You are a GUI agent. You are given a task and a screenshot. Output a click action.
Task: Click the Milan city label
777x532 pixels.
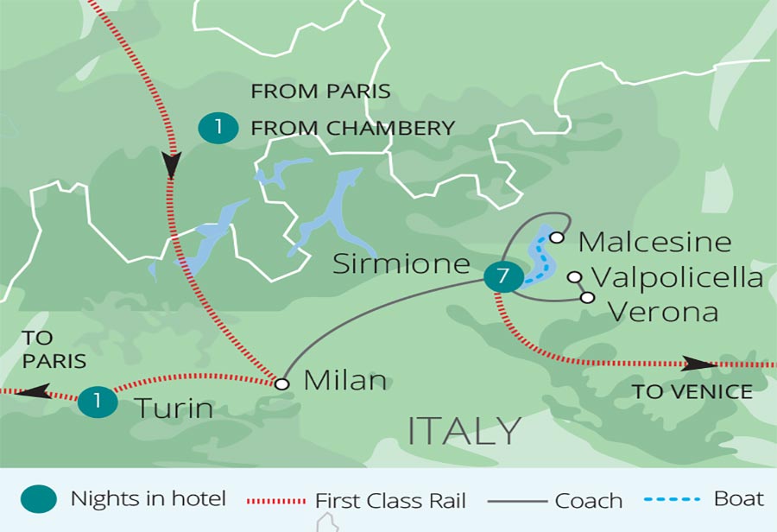pos(345,381)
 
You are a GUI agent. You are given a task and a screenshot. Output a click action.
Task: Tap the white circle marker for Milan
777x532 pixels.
pos(281,383)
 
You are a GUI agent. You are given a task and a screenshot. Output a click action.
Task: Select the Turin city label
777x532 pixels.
pos(173,407)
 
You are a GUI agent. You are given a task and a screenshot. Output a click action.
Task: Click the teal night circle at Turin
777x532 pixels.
pos(97,402)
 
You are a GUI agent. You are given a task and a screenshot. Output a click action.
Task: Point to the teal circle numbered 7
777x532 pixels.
pos(502,278)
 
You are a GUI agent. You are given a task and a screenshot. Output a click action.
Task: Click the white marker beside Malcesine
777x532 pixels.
pos(558,237)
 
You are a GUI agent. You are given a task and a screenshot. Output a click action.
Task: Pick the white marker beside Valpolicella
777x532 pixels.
pos(574,277)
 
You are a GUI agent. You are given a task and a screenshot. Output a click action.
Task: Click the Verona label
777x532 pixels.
pos(663,311)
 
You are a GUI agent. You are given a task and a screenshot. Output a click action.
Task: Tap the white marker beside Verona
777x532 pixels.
pos(588,298)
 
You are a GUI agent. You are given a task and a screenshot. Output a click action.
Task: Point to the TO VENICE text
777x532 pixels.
pos(692,392)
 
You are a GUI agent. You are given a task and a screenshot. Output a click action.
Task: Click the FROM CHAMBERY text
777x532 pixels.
pos(352,129)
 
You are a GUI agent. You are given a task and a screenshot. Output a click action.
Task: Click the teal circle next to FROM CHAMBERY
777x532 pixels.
pos(218,129)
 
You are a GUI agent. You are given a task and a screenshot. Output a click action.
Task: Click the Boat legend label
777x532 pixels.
pos(739,498)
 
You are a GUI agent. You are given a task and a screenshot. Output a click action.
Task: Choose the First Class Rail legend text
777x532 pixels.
pos(390,500)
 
